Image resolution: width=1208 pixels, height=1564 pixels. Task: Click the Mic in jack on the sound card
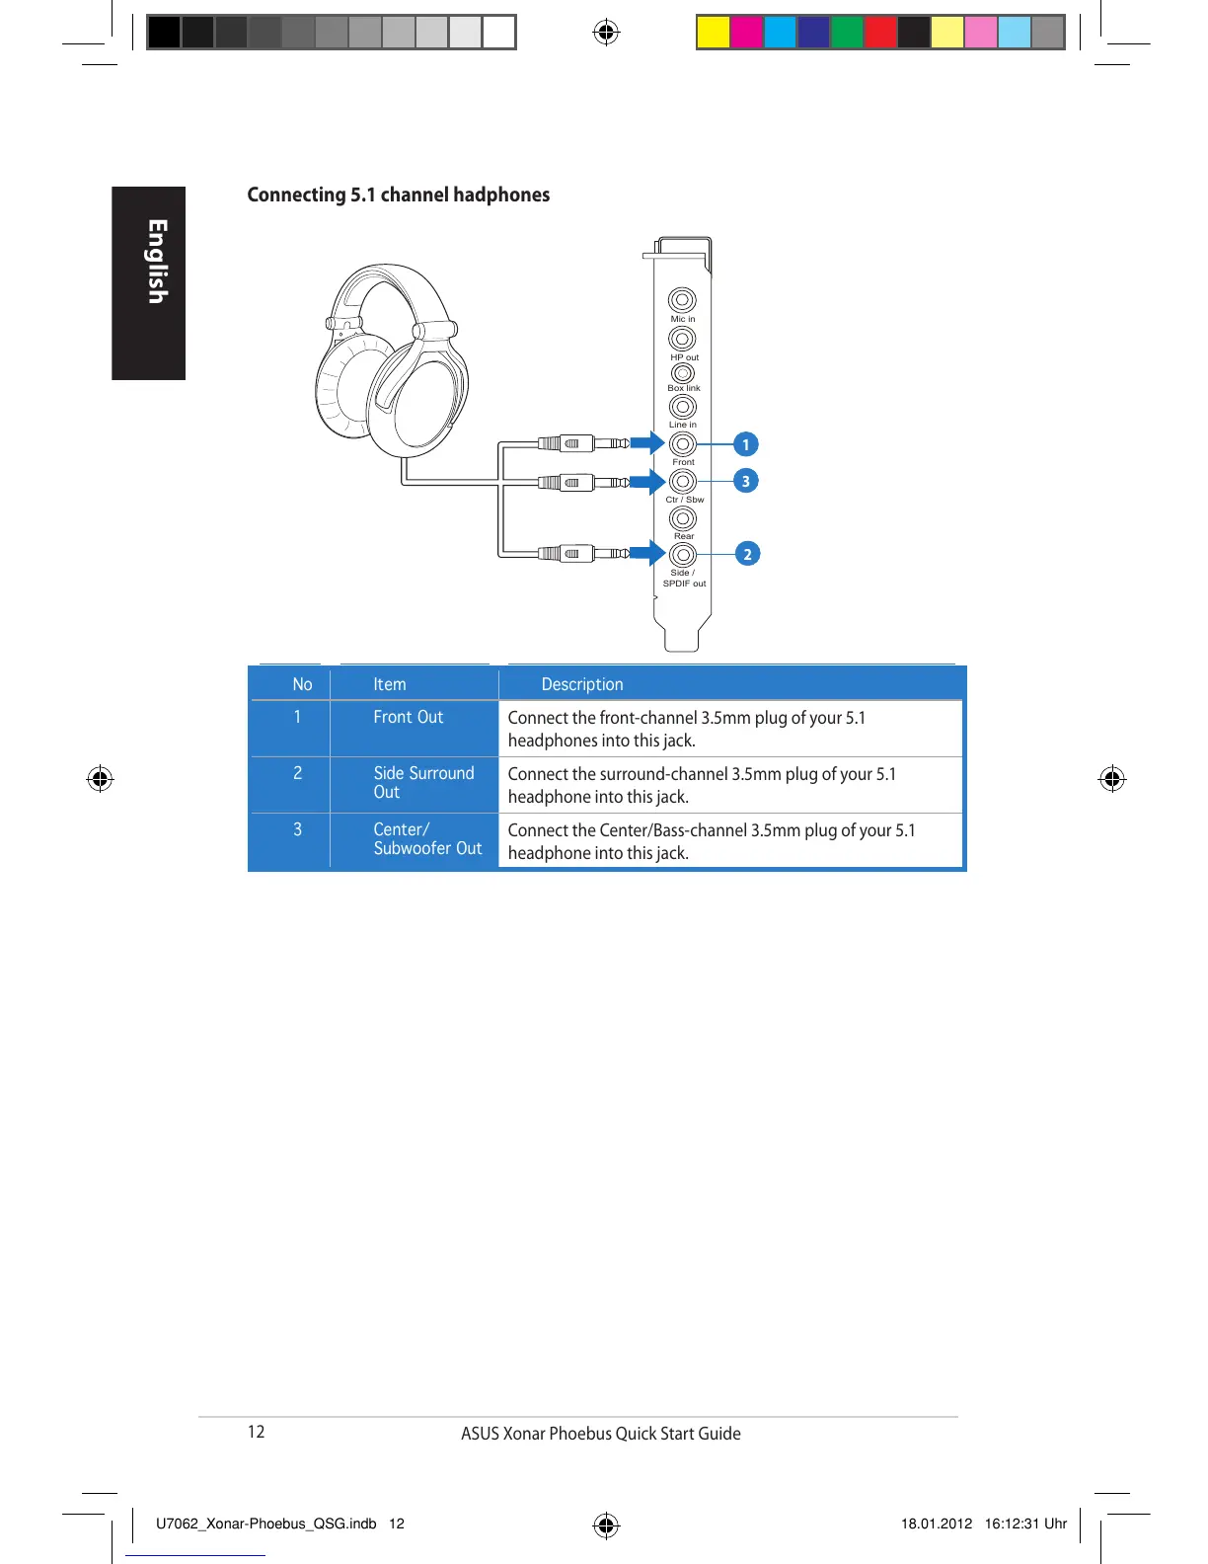click(682, 300)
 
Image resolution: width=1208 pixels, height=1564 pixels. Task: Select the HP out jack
click(682, 339)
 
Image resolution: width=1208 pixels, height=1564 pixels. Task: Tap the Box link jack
click(682, 373)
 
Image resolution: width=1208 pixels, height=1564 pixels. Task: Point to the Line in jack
click(682, 407)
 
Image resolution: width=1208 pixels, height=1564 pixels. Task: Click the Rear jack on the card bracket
click(682, 518)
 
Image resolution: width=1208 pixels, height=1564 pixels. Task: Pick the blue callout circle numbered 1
click(746, 444)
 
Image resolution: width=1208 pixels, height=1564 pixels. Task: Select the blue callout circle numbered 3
click(746, 481)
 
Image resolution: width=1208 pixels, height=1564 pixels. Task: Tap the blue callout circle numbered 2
click(747, 554)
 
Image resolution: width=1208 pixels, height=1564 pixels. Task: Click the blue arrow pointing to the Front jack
click(647, 443)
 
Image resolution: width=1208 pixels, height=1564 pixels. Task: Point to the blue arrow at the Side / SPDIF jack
click(647, 553)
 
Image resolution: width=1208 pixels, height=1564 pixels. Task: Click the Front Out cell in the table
click(409, 718)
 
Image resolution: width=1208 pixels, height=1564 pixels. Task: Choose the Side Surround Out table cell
click(423, 783)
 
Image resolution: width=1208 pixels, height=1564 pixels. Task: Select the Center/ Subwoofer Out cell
click(427, 839)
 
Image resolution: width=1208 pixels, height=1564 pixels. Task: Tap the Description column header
click(582, 684)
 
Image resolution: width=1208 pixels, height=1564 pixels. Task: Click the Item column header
click(390, 684)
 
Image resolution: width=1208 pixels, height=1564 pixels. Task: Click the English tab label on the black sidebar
click(157, 262)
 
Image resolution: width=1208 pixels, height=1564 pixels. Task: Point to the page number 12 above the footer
click(257, 1432)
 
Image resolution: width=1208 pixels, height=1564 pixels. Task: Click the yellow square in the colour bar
click(713, 33)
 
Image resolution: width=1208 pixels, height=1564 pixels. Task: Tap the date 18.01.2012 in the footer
click(937, 1524)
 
